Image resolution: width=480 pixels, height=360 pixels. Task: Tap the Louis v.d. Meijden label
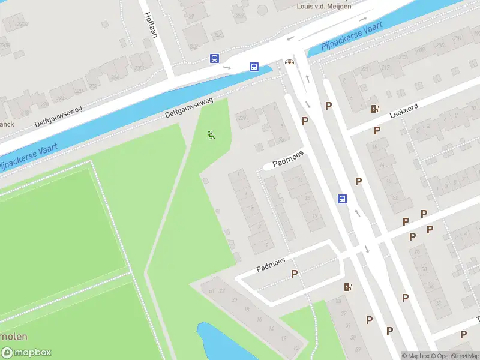click(324, 6)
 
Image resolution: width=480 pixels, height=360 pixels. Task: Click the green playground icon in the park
click(211, 136)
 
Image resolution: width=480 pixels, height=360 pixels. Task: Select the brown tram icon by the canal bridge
click(290, 62)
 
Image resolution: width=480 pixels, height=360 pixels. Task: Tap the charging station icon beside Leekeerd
click(375, 109)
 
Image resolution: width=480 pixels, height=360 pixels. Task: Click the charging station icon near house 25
click(348, 287)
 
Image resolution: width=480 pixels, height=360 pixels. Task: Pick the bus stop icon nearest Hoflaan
click(214, 59)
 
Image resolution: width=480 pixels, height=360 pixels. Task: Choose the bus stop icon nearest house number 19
click(342, 199)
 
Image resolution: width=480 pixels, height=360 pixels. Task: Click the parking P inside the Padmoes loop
click(295, 274)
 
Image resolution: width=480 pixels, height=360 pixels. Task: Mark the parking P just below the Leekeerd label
click(377, 130)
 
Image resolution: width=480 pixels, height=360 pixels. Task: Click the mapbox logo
click(26, 353)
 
